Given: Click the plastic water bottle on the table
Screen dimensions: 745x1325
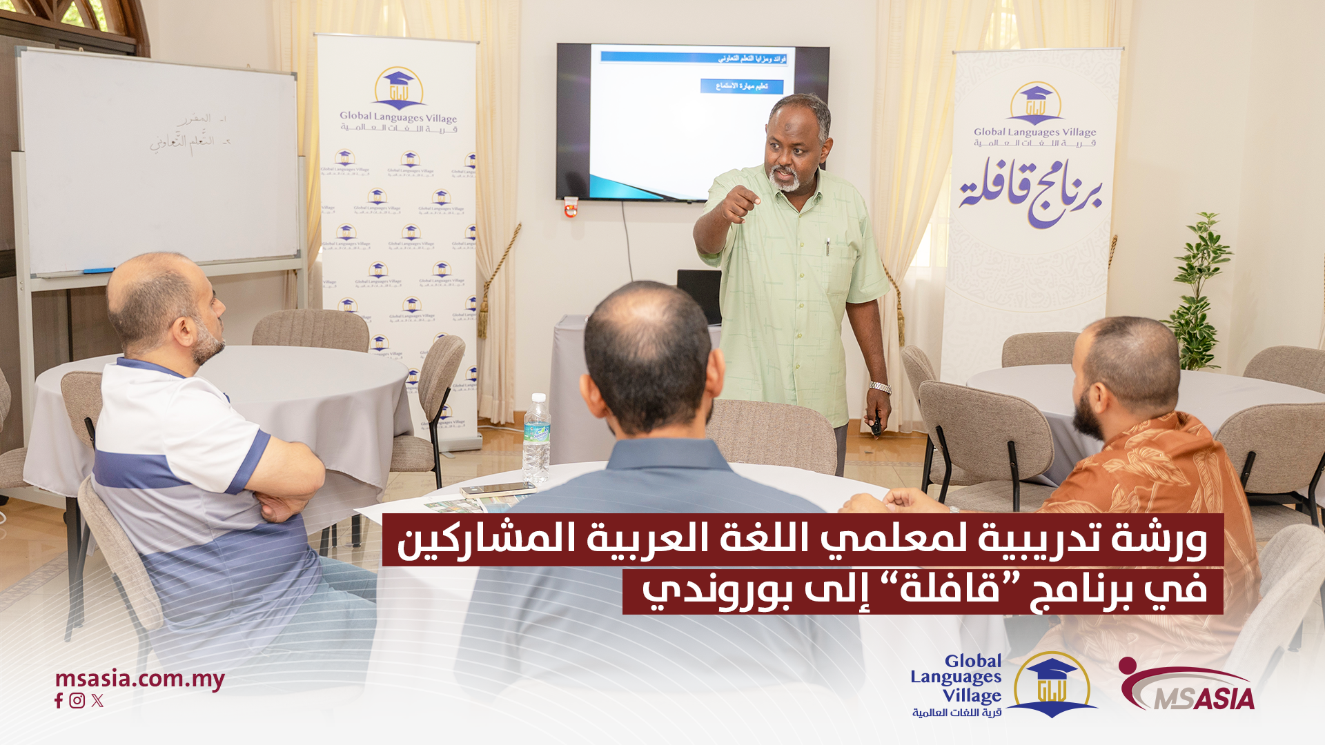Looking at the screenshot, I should [536, 439].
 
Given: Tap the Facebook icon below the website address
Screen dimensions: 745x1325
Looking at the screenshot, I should [59, 701].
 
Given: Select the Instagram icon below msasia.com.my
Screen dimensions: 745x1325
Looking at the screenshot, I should [77, 701].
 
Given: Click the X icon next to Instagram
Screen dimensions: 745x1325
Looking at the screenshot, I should [97, 701].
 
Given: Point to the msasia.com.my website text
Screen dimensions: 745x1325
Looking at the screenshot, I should [139, 679].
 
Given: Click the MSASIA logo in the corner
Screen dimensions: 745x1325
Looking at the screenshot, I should [1187, 686].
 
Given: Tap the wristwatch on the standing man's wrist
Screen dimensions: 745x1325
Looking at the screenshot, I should [880, 387].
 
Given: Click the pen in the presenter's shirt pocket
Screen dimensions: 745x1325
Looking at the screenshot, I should [827, 247].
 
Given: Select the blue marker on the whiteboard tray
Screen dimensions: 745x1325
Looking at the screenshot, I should [98, 271].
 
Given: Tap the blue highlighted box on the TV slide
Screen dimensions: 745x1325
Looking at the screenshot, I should [741, 86].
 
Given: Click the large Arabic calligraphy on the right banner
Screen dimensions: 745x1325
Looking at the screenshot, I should [1030, 191].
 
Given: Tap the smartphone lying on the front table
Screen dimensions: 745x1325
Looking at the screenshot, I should [498, 490].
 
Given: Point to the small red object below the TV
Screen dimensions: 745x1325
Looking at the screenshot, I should [571, 206].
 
